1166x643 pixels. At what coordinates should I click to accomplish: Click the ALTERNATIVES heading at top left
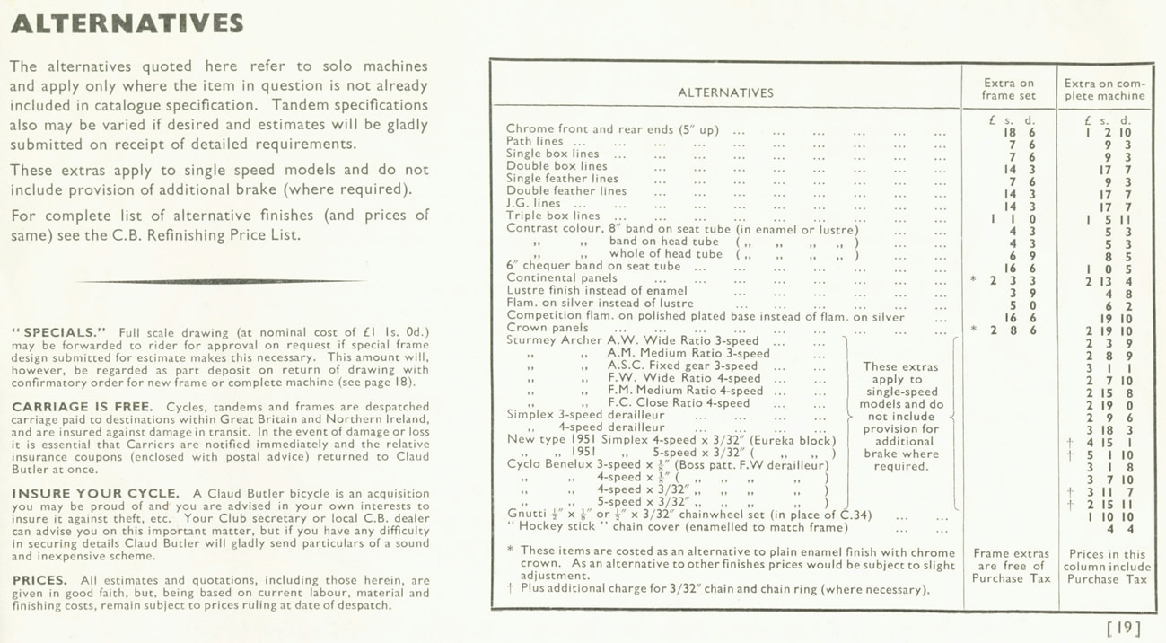click(127, 23)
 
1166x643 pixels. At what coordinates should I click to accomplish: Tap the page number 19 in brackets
click(1124, 627)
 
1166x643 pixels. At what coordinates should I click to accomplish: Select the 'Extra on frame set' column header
click(1008, 89)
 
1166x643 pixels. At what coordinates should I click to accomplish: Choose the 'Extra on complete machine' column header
click(1104, 89)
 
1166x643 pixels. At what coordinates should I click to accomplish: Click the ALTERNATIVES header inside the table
click(725, 92)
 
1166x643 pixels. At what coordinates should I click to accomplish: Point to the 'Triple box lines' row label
click(553, 216)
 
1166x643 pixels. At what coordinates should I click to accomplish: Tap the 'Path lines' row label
click(535, 141)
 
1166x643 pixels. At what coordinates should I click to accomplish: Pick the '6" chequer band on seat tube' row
click(593, 266)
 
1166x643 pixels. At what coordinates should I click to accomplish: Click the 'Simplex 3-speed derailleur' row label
click(585, 415)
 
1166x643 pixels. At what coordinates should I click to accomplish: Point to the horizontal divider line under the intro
click(220, 281)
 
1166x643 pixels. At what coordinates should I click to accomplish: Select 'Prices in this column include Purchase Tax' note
click(1107, 567)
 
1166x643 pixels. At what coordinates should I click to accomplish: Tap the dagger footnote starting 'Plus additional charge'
click(724, 590)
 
